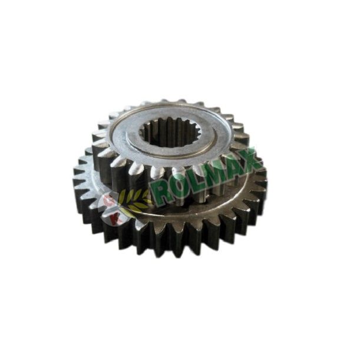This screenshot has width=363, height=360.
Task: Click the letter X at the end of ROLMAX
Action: click(250, 156)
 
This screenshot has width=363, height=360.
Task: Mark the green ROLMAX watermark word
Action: click(206, 176)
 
